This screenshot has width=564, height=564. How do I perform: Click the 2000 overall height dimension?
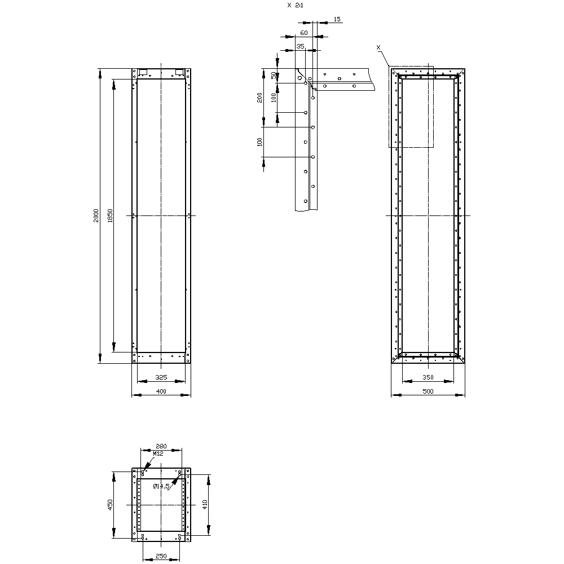pyautogui.click(x=96, y=215)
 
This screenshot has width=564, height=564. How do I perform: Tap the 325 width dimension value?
pyautogui.click(x=161, y=377)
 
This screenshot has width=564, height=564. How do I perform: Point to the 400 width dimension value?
pyautogui.click(x=161, y=391)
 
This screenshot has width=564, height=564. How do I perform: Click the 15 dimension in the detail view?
pyautogui.click(x=337, y=20)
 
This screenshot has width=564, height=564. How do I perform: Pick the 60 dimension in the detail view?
pyautogui.click(x=304, y=33)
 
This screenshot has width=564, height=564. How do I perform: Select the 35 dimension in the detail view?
pyautogui.click(x=300, y=46)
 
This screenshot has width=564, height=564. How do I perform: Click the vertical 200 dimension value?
pyautogui.click(x=259, y=97)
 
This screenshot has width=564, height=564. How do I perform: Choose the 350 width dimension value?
pyautogui.click(x=428, y=377)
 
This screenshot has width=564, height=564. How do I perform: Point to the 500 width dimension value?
pyautogui.click(x=428, y=391)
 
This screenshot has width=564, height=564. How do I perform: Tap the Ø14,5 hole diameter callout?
pyautogui.click(x=161, y=486)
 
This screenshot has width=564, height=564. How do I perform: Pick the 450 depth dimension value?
pyautogui.click(x=111, y=505)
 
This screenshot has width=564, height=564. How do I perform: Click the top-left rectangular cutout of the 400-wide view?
pyautogui.click(x=143, y=72)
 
